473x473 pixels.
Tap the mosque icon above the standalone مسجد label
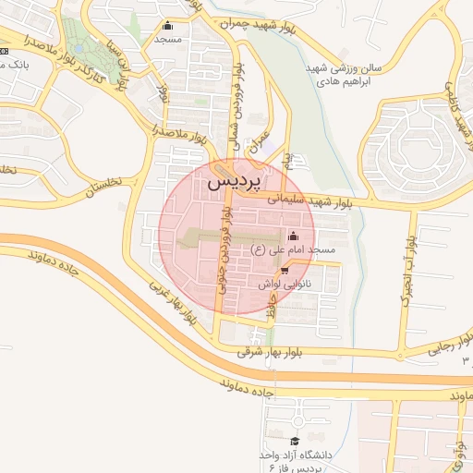point(167,26)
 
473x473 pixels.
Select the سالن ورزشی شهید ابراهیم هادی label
point(345,75)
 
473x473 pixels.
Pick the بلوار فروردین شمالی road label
point(238,109)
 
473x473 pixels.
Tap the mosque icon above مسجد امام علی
point(294,234)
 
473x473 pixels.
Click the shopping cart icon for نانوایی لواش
point(284,270)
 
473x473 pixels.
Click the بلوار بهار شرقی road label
point(276,352)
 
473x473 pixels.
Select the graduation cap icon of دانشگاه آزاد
point(295,441)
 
